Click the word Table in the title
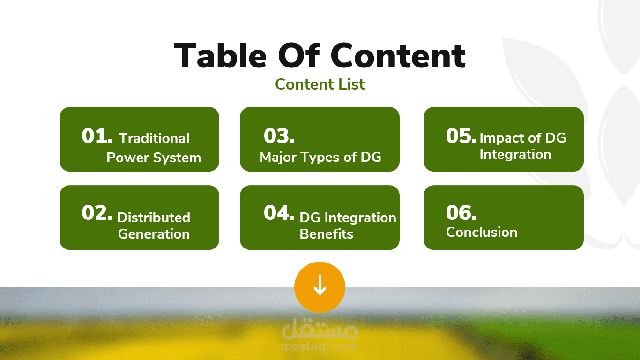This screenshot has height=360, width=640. tap(220, 55)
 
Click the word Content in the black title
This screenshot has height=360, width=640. tap(398, 55)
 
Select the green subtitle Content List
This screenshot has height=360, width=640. tap(320, 84)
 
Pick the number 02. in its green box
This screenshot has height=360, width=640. tap(97, 212)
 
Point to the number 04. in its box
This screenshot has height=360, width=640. tap(279, 212)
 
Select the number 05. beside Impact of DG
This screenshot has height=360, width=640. tap(461, 135)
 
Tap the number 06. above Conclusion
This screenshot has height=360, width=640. tap(461, 212)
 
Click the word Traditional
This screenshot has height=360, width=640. tap(154, 138)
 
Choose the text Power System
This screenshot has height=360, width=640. tap(154, 158)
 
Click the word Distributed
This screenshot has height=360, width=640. tap(154, 217)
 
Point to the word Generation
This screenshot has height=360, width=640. tap(154, 234)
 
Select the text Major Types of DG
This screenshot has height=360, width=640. tap(320, 157)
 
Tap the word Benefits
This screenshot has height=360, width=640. tap(326, 234)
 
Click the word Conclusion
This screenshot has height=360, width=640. tap(482, 232)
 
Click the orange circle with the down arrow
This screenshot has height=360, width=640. tap(320, 287)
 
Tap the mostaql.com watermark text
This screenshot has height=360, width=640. tap(320, 346)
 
